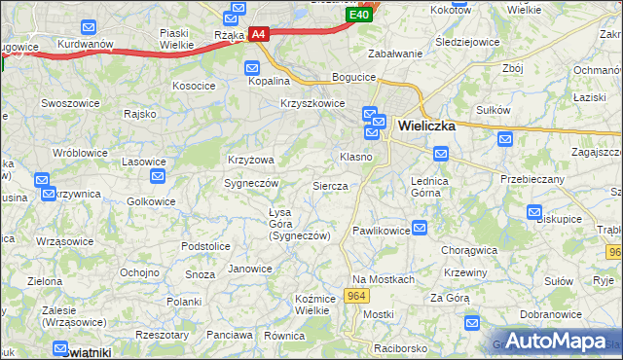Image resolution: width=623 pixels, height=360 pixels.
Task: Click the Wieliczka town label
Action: [427, 125]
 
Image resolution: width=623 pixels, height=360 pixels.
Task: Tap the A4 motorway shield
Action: [258, 34]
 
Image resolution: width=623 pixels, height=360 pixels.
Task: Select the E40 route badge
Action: [358, 16]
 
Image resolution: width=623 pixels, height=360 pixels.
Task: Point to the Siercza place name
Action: [330, 185]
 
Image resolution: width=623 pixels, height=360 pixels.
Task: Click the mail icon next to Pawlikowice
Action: [420, 229]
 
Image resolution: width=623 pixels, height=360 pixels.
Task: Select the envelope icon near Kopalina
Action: [252, 68]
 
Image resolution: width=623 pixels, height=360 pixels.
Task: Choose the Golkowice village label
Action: [151, 201]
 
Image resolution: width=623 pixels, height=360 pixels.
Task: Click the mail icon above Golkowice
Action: [158, 176]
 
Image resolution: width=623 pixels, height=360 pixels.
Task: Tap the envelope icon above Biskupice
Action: [533, 212]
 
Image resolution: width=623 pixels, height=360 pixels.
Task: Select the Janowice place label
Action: [249, 269]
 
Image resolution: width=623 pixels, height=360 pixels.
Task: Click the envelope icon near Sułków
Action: [505, 139]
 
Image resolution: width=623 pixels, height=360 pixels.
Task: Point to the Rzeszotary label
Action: [162, 334]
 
